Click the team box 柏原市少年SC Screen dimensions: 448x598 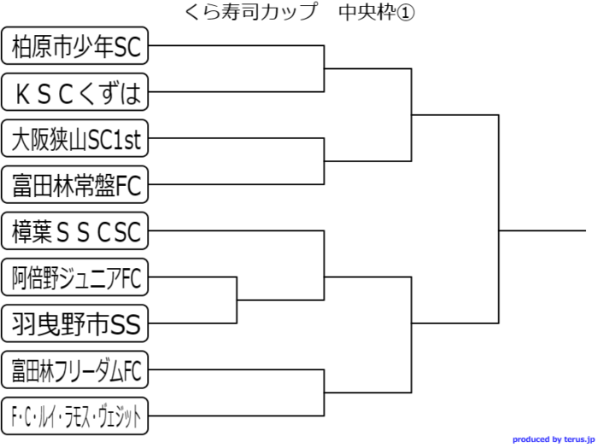(75, 46)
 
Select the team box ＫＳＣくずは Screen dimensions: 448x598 (75, 92)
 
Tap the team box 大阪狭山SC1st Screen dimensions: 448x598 (75, 138)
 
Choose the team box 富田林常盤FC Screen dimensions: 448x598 (75, 184)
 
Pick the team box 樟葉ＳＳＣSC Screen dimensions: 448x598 (75, 230)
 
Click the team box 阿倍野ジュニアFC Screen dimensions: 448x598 (75, 276)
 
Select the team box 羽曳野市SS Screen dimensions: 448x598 (75, 323)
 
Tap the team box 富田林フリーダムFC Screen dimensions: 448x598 (75, 370)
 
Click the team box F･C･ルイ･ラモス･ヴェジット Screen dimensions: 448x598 (75, 416)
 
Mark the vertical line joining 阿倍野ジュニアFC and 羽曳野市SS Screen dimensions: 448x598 (237, 300)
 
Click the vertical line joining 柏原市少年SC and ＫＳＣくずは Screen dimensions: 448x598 (325, 69)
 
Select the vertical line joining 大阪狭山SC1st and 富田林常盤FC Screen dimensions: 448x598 (325, 161)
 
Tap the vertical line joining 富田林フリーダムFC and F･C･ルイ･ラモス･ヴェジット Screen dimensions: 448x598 (325, 393)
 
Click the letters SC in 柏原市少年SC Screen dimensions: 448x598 (126, 46)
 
